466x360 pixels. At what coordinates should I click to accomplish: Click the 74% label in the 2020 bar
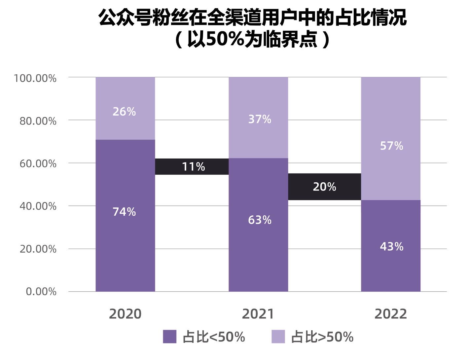(124, 212)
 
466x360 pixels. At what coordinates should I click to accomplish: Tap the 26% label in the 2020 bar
(124, 112)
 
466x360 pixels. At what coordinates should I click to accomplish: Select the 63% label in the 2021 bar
(260, 220)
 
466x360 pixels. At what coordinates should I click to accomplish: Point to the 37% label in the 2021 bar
(260, 119)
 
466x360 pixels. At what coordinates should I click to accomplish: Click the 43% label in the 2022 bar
(392, 246)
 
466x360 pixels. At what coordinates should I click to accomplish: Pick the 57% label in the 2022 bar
(392, 146)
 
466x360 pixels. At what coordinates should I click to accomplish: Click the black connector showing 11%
(193, 166)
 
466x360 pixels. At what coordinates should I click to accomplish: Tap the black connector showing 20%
(324, 187)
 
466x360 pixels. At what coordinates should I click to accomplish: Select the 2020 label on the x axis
(125, 314)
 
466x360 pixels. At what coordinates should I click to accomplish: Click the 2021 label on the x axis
(258, 314)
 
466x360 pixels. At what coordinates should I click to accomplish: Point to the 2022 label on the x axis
(391, 314)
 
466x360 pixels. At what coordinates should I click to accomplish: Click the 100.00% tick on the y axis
(35, 78)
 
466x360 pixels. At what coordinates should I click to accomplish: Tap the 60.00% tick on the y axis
(38, 163)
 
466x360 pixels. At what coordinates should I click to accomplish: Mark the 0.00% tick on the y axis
(41, 291)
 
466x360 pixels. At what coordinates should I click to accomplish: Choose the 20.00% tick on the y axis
(38, 249)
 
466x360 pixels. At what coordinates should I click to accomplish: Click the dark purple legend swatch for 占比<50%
(169, 337)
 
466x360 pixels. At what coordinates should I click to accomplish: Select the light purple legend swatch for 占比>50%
(278, 337)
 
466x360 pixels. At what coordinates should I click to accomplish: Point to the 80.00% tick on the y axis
(38, 121)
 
